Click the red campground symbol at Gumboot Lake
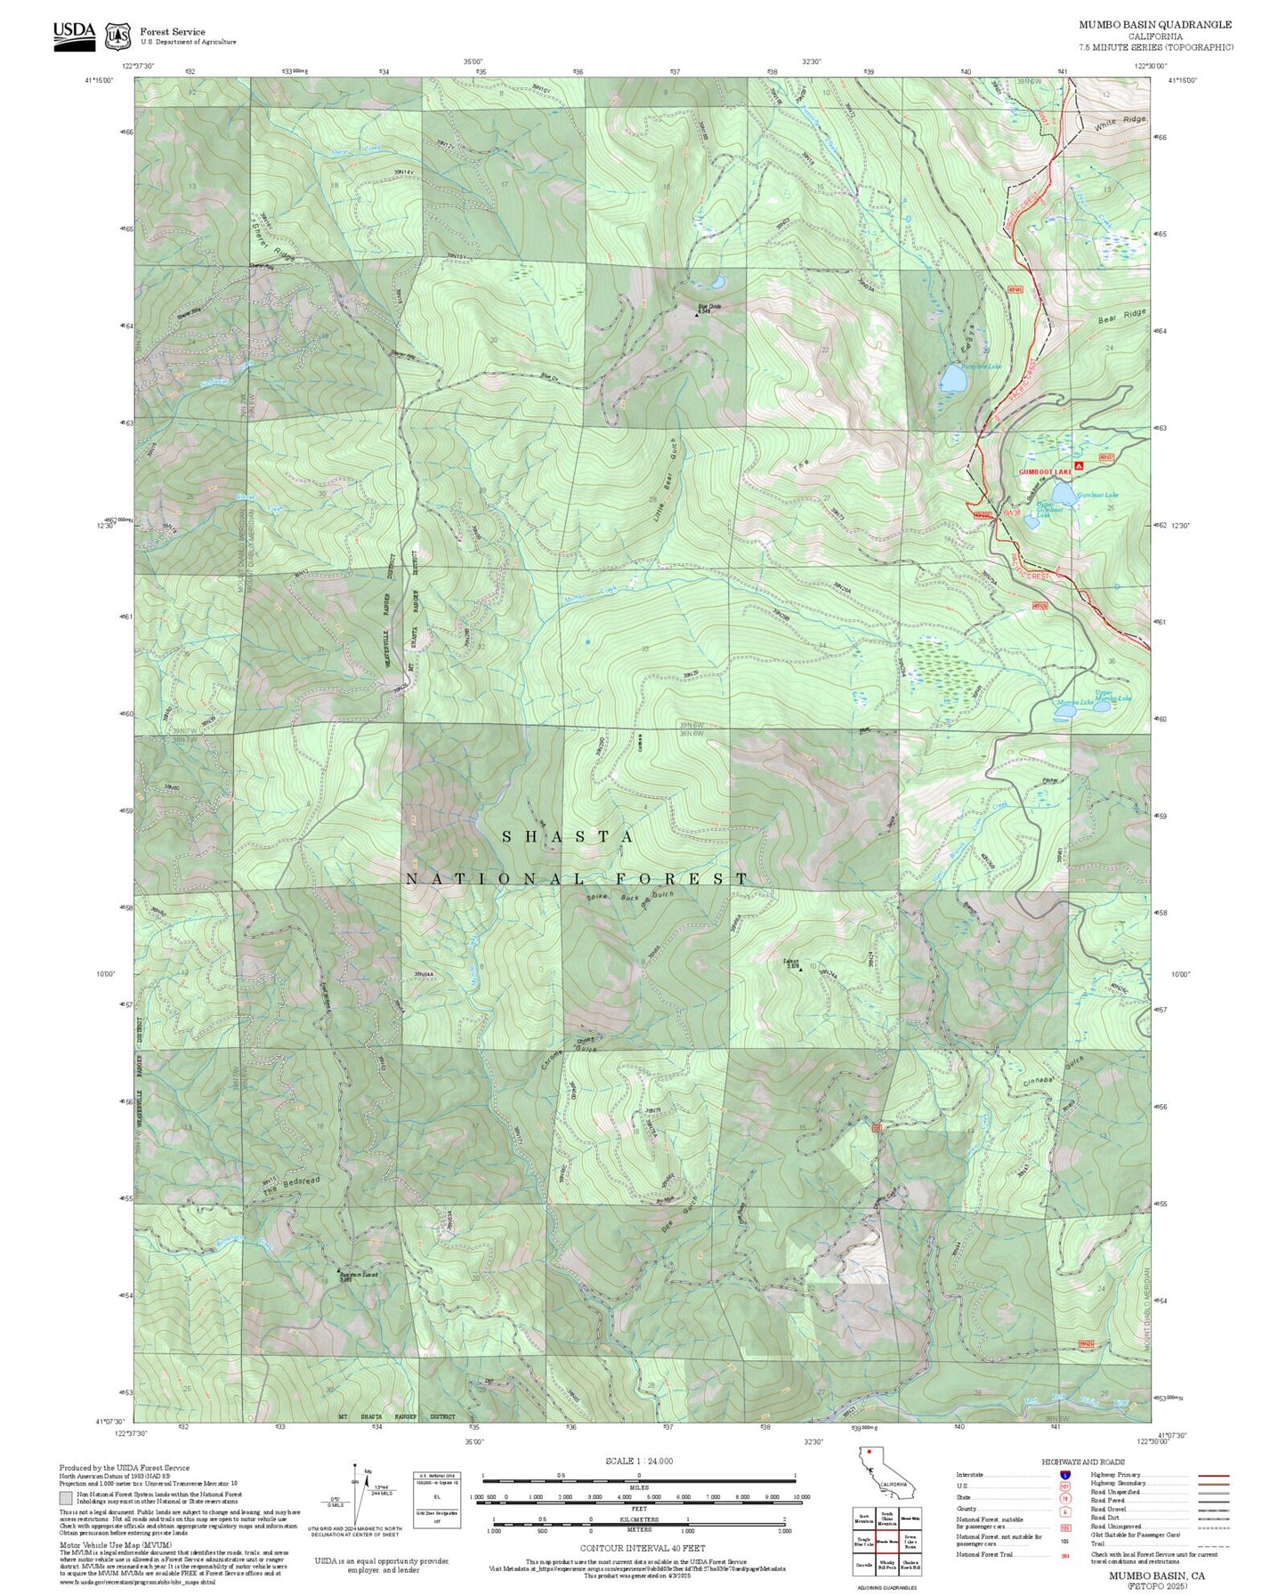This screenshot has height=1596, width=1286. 1080,465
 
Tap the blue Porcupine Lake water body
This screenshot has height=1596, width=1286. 952,381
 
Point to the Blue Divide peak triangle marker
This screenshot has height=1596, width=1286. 697,314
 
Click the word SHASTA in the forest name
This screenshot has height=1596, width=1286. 569,837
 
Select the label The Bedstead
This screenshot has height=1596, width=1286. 291,1186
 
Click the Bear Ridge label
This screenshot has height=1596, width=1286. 1122,316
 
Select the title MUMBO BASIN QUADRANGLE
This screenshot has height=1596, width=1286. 1155,25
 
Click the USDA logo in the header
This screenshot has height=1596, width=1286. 74,35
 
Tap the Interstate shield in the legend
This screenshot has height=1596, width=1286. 1064,1475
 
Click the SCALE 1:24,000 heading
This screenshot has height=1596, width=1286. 638,1461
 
